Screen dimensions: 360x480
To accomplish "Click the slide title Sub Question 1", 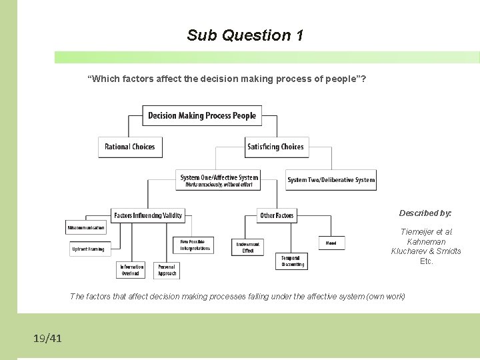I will click(245, 35).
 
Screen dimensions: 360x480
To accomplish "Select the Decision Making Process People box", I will click(202, 115).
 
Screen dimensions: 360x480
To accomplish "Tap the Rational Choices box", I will click(130, 147).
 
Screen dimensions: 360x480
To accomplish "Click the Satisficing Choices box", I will click(275, 147).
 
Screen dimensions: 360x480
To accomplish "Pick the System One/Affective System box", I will click(219, 180).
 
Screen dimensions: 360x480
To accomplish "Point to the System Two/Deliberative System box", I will click(331, 179).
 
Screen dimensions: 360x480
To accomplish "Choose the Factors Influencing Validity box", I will click(148, 215).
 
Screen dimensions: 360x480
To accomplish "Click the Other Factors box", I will click(277, 215).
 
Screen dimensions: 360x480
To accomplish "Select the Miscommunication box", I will click(86, 228).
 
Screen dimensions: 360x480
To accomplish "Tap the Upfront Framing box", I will click(88, 249).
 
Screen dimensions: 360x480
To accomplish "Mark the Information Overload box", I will click(131, 270).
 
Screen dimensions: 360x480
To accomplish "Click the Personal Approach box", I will click(167, 270).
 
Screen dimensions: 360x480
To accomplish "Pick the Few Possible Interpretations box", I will click(195, 245).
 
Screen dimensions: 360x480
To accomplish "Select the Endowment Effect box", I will click(248, 247).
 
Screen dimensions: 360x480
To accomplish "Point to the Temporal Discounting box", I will click(292, 261).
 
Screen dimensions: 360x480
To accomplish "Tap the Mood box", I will click(331, 243).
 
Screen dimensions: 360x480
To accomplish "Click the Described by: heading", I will click(425, 213).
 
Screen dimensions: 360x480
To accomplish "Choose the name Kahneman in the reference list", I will click(426, 241).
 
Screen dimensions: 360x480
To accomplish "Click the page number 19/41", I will click(47, 339).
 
